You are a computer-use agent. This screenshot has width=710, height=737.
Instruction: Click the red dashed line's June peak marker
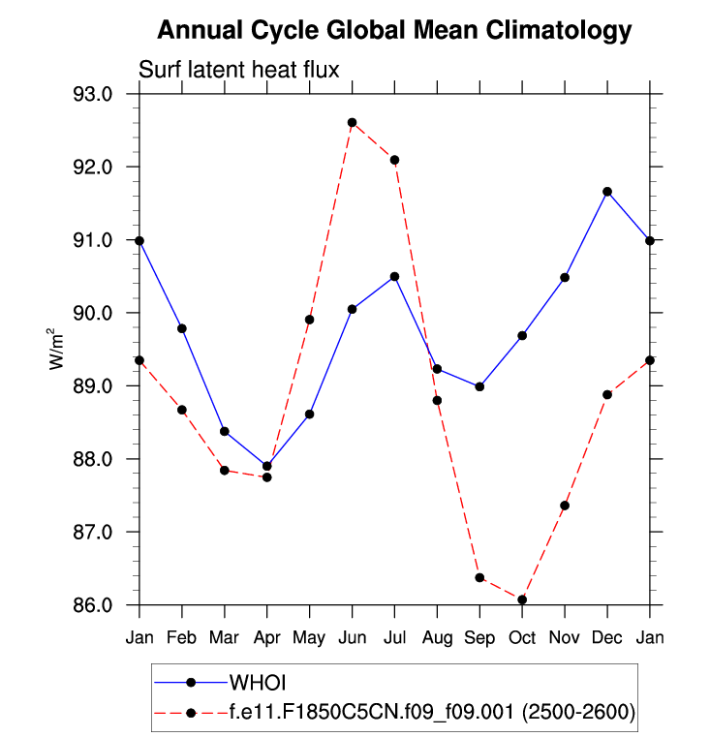(352, 123)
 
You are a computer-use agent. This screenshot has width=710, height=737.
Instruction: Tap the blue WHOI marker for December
(607, 192)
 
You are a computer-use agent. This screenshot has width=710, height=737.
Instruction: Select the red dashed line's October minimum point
(522, 599)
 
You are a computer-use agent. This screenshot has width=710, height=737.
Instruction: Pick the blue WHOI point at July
(394, 277)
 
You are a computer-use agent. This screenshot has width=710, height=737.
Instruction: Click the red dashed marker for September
(479, 577)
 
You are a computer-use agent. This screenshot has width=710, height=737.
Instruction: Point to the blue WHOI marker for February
(182, 328)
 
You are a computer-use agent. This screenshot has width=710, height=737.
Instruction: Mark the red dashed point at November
(565, 506)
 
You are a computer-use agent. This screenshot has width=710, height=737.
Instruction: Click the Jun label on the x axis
(352, 638)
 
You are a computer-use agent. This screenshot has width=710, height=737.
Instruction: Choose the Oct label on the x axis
(522, 638)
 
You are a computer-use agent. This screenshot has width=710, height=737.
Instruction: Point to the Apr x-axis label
(266, 638)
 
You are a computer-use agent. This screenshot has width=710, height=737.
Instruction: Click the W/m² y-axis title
(58, 349)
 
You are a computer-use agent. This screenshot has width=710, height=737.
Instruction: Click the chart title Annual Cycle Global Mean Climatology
(394, 31)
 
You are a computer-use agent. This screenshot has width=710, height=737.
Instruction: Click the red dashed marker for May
(309, 320)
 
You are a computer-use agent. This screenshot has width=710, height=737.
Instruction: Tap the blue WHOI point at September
(479, 386)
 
